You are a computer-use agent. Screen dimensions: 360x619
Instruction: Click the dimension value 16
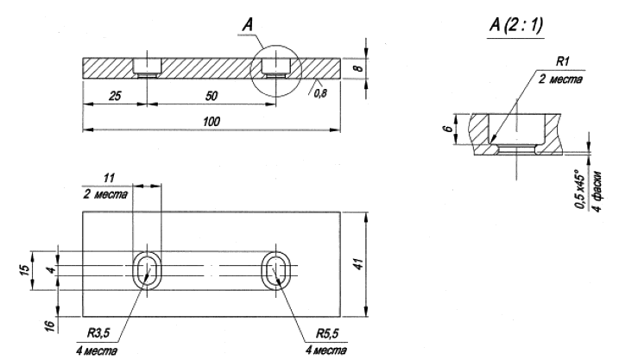point(49,325)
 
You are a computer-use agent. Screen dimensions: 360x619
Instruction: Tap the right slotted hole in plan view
point(279,270)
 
